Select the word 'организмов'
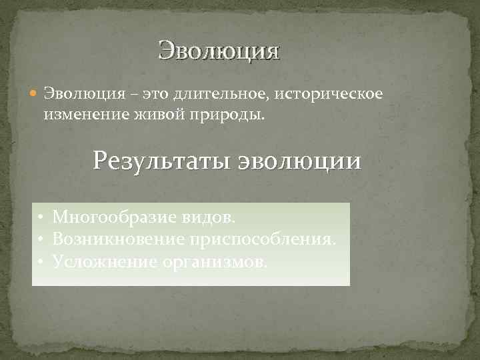[213, 261]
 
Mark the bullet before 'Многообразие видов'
[41, 218]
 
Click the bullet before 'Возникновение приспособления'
[41, 239]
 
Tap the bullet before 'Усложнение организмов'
[41, 261]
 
